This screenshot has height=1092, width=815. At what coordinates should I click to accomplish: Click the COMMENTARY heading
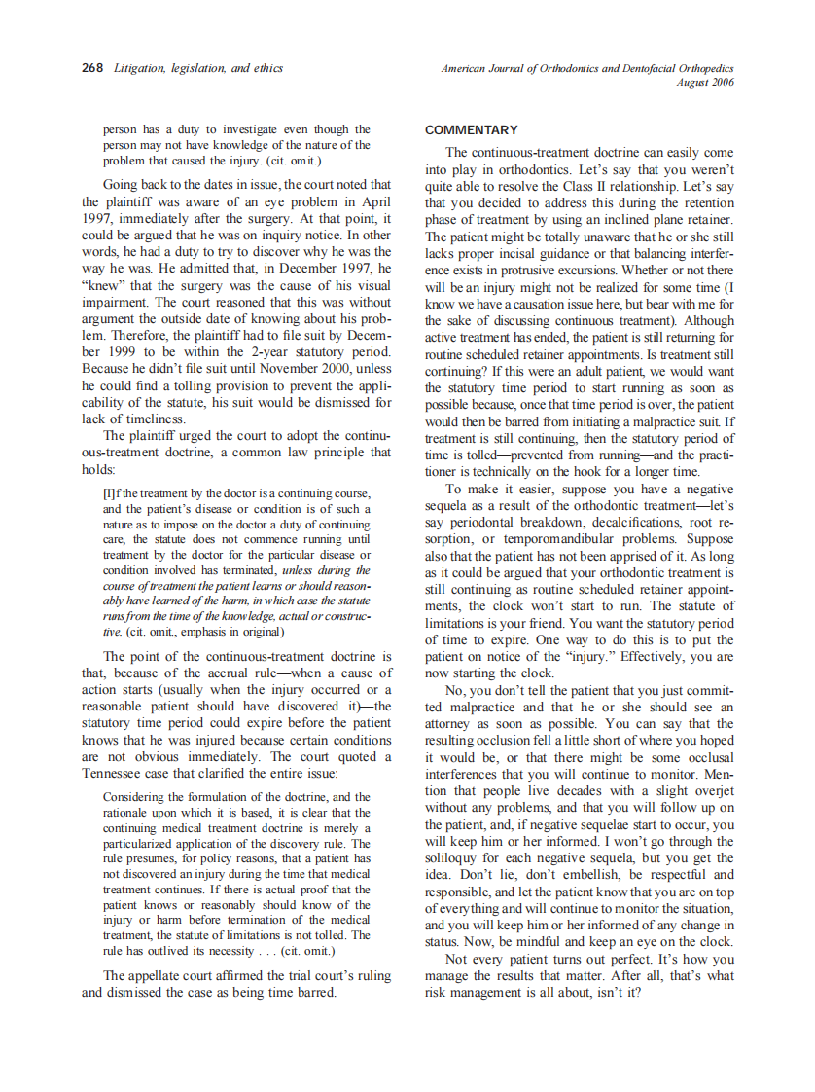[472, 130]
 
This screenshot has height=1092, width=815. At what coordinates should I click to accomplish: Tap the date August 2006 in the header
[705, 83]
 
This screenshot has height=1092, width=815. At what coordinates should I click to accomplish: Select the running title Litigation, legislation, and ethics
[198, 69]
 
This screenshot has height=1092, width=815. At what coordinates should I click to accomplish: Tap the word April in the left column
[372, 201]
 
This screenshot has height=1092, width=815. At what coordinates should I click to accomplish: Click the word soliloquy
[455, 858]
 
